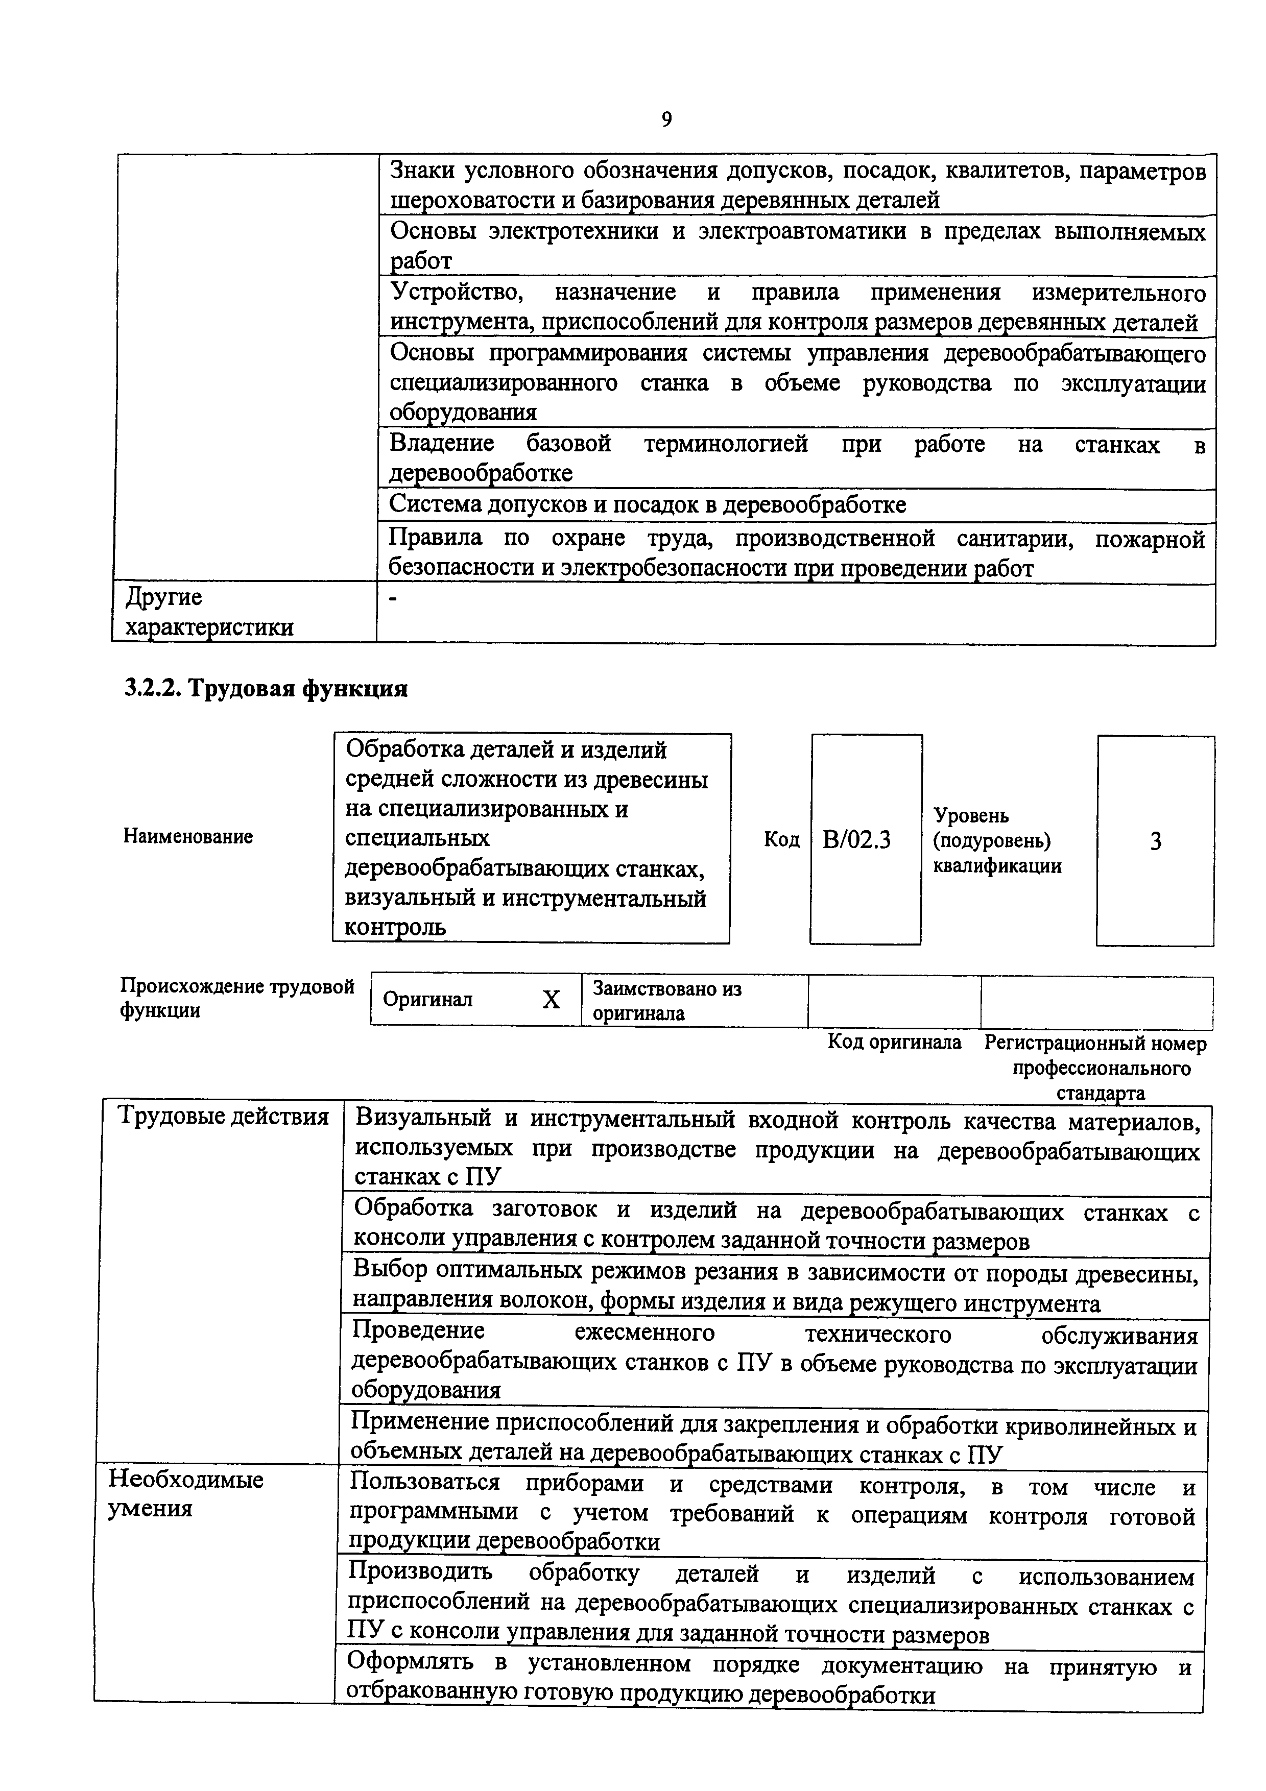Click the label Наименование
pyautogui.click(x=188, y=837)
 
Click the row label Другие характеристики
pyautogui.click(x=209, y=612)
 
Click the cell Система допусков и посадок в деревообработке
pyautogui.click(x=648, y=505)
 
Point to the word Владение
pyautogui.click(x=442, y=444)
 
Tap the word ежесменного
pyautogui.click(x=644, y=1332)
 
